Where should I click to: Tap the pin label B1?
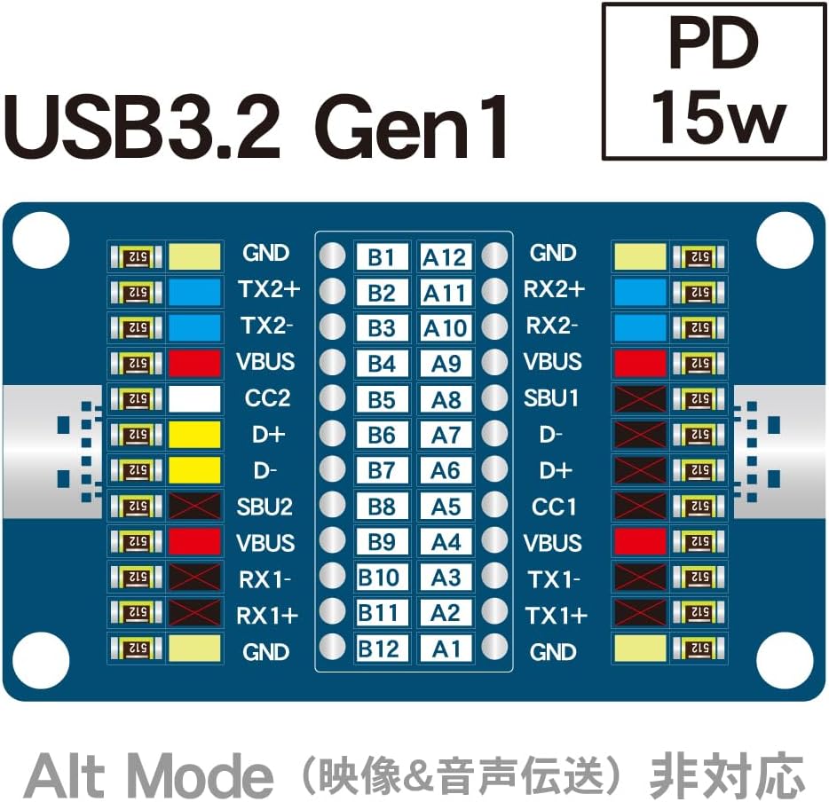(x=381, y=256)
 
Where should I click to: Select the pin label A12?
(x=445, y=256)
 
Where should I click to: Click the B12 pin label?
(x=379, y=649)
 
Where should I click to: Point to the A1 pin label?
(x=445, y=649)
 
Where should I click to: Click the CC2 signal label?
(x=266, y=398)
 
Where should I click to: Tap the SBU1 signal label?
(x=554, y=398)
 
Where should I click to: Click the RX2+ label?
(x=555, y=290)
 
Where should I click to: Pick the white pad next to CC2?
(x=194, y=398)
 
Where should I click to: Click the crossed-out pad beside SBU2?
(x=194, y=507)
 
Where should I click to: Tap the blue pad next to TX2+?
(x=194, y=290)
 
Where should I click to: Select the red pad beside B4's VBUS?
(x=194, y=362)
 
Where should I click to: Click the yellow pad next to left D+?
(x=194, y=435)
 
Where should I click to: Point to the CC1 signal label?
(x=554, y=507)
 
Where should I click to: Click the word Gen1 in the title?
(x=412, y=129)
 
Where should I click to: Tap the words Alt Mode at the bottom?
(x=149, y=774)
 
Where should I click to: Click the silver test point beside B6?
(x=331, y=434)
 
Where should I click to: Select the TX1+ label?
(x=557, y=615)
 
